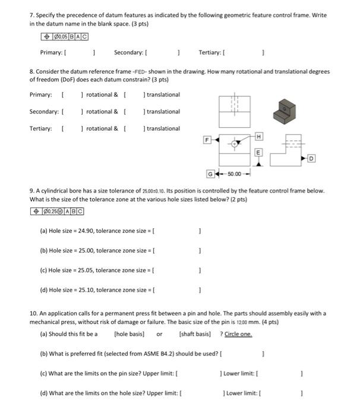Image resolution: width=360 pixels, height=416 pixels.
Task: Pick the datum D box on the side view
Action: point(312,159)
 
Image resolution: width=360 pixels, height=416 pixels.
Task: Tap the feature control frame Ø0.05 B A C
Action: point(61,37)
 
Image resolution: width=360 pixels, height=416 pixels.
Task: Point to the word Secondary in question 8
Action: point(45,112)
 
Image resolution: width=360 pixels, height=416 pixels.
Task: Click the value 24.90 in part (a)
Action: point(89,229)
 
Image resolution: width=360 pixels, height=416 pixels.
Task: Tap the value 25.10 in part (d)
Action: point(89,290)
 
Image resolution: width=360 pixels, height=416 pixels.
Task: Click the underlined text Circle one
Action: point(238,334)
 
